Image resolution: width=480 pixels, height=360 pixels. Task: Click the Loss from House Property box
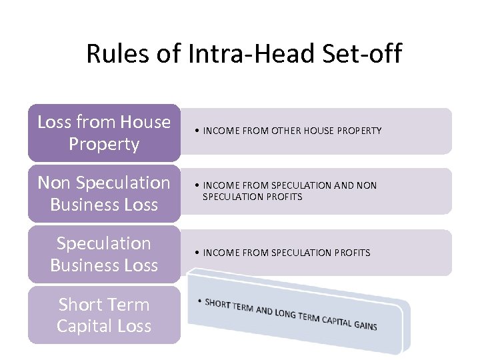click(104, 133)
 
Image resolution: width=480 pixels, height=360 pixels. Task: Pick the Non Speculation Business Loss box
click(104, 193)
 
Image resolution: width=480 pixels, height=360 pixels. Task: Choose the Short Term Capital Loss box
click(104, 315)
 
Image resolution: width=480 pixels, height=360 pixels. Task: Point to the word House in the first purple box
click(145, 122)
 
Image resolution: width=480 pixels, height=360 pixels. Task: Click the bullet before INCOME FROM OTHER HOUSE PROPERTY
click(198, 131)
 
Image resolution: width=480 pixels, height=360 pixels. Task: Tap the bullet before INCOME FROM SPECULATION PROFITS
click(198, 253)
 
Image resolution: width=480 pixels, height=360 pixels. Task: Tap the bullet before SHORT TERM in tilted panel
click(200, 301)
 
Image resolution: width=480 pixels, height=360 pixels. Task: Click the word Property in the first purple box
click(104, 144)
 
